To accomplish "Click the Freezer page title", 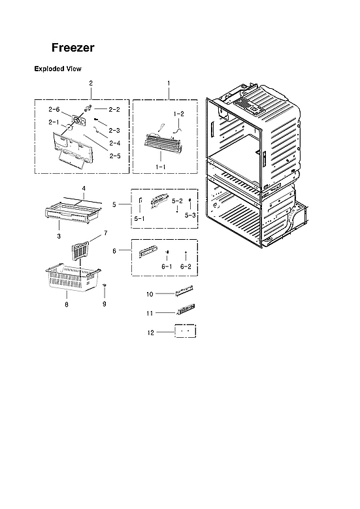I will click(x=73, y=48).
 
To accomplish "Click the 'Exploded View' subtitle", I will click(x=57, y=69).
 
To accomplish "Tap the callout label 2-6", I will click(x=54, y=109).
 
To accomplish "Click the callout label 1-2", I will click(x=178, y=114).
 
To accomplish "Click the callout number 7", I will click(x=105, y=233).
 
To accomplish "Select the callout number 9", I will click(x=104, y=304).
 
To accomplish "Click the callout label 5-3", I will click(x=189, y=214).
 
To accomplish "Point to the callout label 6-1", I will click(x=167, y=267).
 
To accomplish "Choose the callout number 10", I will click(x=149, y=295).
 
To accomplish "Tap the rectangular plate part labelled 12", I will click(x=184, y=331).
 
